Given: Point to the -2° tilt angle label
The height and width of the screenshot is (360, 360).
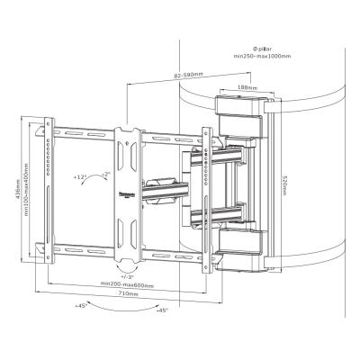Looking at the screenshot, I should click(x=105, y=172).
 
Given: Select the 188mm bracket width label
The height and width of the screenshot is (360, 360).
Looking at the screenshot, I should click(x=237, y=88).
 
